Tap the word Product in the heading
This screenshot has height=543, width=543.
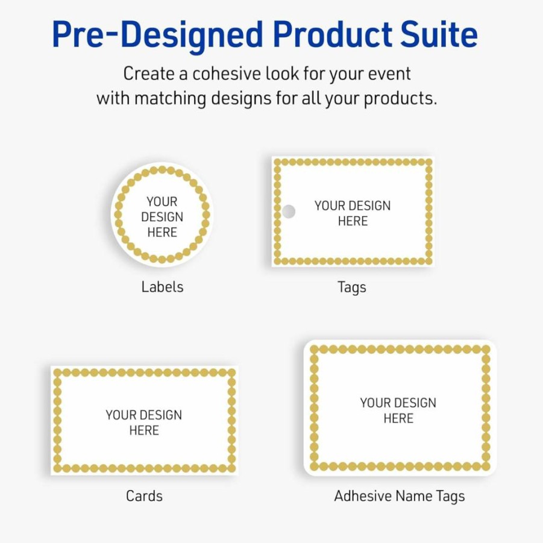333,34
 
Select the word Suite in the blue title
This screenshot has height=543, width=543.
439,34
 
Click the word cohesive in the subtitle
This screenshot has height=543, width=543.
227,74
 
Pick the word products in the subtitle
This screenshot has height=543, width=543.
400,99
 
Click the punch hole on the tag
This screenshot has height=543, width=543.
289,212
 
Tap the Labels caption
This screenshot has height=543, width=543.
162,287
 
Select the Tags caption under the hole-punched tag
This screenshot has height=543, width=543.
352,288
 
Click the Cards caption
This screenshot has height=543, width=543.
144,496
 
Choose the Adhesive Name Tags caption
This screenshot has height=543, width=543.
400,496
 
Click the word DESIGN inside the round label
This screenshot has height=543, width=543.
162,217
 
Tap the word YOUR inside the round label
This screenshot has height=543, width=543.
162,201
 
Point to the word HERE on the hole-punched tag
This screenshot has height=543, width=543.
353,221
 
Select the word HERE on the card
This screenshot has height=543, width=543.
144,430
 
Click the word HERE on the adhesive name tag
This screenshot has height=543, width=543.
398,418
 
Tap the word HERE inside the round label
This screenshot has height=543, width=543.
162,232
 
